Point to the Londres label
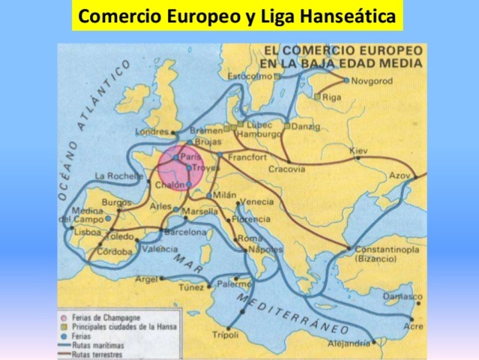(x=152, y=133)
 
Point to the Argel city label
(x=146, y=278)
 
